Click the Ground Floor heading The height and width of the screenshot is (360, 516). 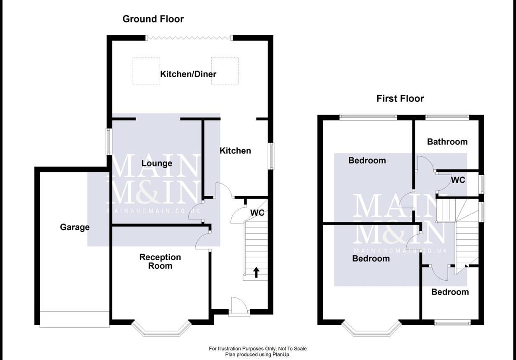[153, 19]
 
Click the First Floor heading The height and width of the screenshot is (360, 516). [400, 98]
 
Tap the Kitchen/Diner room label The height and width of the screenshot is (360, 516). [188, 74]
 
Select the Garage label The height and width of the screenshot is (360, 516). [75, 227]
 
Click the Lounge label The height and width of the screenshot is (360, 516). [157, 163]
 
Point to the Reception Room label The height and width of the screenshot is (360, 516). [160, 262]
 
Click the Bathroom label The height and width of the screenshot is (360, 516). [447, 142]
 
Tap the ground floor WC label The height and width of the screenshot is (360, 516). [257, 213]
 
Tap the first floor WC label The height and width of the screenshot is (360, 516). [458, 180]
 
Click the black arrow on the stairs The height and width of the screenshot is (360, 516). [256, 272]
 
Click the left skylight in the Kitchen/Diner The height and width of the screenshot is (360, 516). [146, 70]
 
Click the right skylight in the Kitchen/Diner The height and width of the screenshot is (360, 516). [224, 70]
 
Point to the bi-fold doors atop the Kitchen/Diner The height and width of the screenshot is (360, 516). [189, 38]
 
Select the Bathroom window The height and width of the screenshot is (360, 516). [447, 117]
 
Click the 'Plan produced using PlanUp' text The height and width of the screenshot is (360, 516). [258, 355]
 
